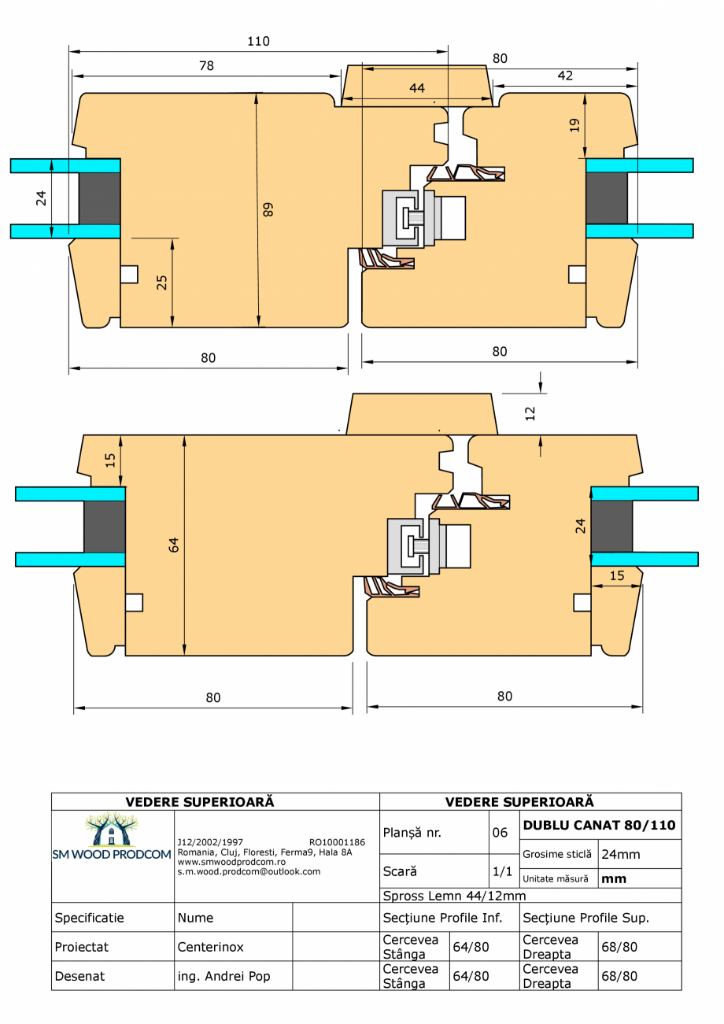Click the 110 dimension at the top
coord(258,42)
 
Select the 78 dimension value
coord(206,66)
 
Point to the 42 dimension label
coord(565,76)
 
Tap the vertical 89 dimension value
coord(268,209)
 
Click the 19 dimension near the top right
coord(574,124)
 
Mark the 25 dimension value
coord(162,282)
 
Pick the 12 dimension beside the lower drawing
coord(530,412)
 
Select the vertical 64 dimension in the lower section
coord(174,544)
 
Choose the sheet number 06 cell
coord(500,832)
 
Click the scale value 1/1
coord(500,871)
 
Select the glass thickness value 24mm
coord(619,854)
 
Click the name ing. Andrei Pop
coord(223,976)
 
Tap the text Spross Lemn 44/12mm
coord(453,896)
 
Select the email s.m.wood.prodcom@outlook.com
coord(249,871)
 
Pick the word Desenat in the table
coord(79,976)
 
